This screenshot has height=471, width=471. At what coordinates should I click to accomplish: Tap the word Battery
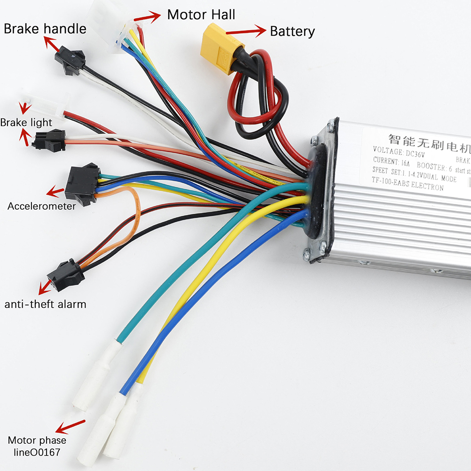(292, 31)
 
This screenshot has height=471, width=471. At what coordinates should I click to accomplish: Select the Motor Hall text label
(201, 15)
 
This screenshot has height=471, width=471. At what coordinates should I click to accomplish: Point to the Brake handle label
(45, 29)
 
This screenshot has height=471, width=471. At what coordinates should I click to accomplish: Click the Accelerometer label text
(41, 206)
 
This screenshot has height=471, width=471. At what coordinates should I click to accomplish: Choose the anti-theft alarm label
(46, 304)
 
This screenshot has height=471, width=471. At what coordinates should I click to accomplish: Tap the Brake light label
(26, 123)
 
